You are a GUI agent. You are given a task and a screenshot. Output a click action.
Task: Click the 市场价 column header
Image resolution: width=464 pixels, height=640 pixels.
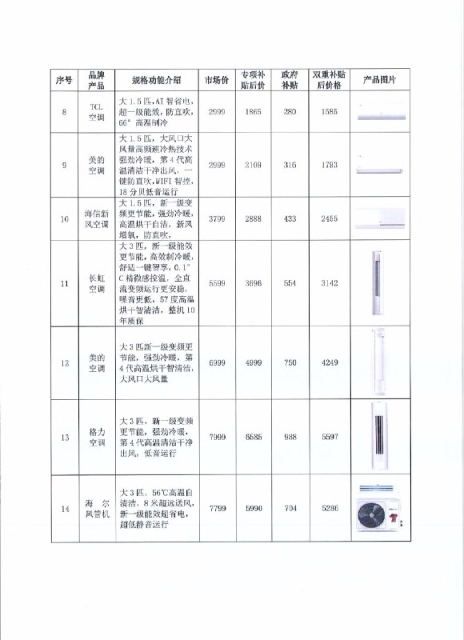[217, 80]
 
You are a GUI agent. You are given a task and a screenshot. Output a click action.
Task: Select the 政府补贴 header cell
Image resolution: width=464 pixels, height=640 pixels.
[290, 79]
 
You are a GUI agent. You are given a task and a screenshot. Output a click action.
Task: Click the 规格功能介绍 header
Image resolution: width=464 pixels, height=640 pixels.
[157, 80]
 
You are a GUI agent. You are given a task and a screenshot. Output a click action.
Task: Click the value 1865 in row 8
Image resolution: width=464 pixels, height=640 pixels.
[253, 111]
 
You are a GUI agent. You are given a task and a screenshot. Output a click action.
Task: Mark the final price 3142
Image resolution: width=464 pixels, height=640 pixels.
[330, 283]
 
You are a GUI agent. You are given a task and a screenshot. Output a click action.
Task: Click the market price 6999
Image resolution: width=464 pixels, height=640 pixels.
[217, 363]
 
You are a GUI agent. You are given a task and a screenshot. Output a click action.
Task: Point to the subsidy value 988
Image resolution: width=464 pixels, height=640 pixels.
[290, 437]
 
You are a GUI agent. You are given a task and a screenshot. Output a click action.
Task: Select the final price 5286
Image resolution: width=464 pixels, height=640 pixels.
[330, 509]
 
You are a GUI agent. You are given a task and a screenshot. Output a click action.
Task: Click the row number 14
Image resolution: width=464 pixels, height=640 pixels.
[65, 509]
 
